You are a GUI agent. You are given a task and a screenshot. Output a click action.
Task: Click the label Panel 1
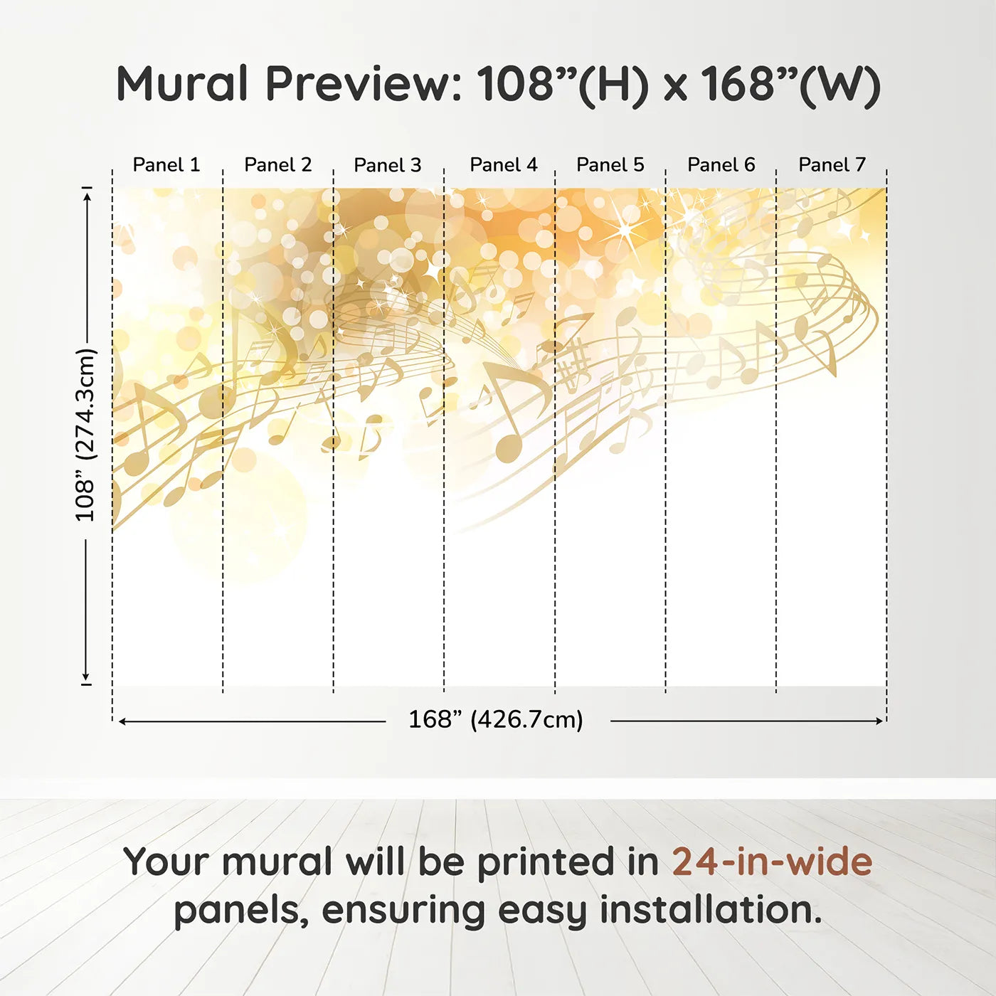166,165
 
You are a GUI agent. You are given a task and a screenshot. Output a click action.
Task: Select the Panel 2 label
277,165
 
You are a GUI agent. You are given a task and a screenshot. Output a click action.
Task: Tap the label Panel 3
388,165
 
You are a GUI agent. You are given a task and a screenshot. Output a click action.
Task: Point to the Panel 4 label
503,165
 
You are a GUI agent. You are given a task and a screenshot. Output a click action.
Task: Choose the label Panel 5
610,165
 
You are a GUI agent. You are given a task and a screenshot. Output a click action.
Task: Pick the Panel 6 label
721,165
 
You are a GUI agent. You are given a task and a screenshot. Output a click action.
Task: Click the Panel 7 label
832,165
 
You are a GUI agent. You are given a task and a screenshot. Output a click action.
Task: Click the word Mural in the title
182,84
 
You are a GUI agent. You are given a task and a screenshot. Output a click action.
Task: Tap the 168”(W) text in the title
790,84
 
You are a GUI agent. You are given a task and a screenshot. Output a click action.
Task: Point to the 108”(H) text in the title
563,84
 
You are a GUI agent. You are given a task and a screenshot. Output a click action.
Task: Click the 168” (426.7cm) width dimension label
495,720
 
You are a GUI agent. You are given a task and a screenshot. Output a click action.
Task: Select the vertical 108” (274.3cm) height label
85,435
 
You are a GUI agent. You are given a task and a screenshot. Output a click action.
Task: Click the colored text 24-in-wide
772,862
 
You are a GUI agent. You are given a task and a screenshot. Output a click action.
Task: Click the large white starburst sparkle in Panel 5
625,229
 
